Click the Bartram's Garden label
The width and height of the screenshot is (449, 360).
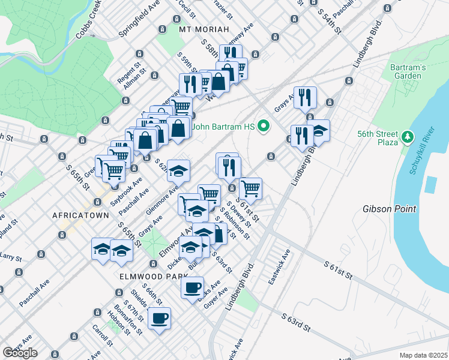click(408, 71)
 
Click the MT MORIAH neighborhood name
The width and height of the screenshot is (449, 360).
click(204, 29)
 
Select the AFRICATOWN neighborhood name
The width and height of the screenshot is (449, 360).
click(80, 215)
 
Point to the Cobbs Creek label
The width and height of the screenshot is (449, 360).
click(89, 25)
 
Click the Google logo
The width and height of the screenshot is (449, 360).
click(20, 352)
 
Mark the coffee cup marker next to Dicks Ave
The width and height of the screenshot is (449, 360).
click(192, 287)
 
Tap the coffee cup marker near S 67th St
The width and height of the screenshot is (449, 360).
click(159, 319)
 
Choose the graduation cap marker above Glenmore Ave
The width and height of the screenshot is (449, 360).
click(178, 171)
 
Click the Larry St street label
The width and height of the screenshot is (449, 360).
click(11, 257)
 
